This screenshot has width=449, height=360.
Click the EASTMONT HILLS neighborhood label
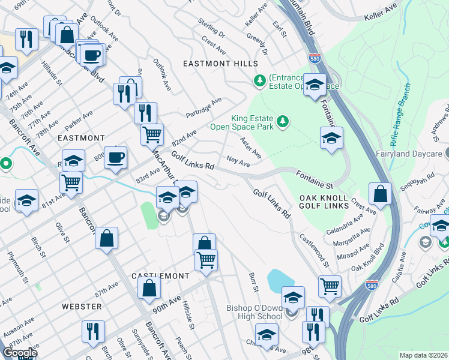220,64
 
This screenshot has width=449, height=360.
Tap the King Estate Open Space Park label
241,122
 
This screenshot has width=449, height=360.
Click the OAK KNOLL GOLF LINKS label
324,202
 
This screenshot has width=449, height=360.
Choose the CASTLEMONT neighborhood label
160,275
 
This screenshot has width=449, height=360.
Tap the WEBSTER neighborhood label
81,306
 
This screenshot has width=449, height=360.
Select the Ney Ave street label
238,163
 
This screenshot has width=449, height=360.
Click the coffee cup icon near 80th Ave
115,158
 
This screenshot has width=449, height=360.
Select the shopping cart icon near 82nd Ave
152,134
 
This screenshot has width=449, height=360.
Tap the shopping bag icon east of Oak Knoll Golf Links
380,194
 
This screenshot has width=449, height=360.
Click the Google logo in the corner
20,353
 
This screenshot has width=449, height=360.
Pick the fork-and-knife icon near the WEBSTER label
93,331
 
